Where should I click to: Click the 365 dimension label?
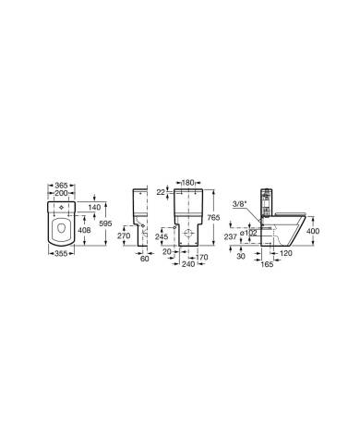pos(61,186)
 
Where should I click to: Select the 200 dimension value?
pos(61,193)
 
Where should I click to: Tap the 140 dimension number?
pos(94,207)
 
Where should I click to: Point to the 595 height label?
pos(105,223)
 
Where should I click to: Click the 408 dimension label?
pos(83,230)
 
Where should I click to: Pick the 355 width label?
pos(61,253)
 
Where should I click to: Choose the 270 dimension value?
pos(124,236)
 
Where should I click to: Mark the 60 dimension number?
pos(144,259)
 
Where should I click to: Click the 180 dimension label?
pos(187,183)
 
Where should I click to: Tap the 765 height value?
pos(213,218)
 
